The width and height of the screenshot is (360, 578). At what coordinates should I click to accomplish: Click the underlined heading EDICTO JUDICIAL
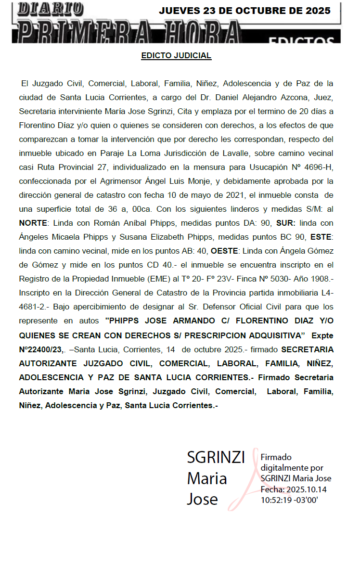[176, 56]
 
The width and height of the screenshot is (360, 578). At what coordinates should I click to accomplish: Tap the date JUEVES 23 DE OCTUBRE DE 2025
[244, 11]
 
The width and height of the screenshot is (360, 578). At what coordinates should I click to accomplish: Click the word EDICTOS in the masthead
[301, 41]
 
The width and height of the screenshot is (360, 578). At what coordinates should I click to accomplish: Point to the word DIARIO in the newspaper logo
[51, 9]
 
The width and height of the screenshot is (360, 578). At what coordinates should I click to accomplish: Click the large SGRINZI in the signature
[216, 457]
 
